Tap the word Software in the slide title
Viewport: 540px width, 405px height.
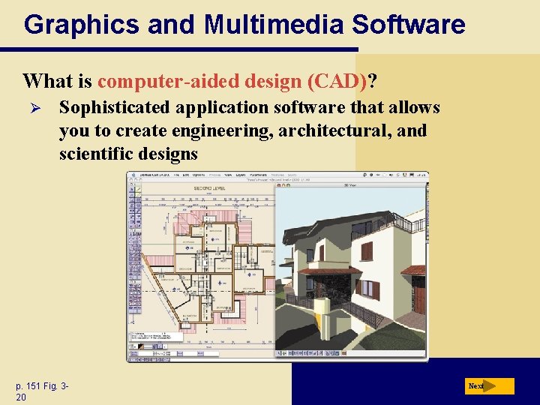pos(409,25)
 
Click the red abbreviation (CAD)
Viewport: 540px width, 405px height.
pos(338,80)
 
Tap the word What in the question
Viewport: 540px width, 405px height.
pos(47,80)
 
